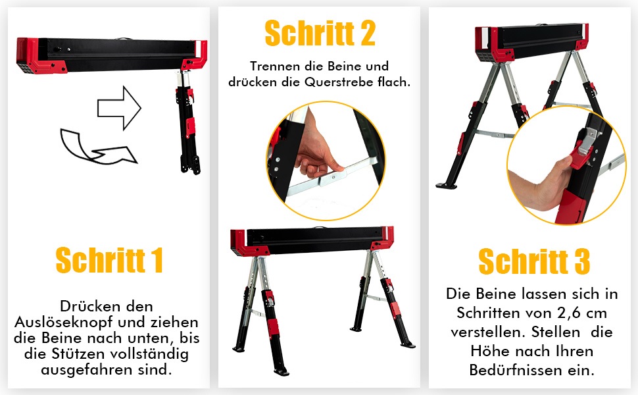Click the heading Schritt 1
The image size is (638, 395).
[x=109, y=260]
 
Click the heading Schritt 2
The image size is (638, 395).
[x=320, y=34]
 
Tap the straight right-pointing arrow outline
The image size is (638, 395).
[x=119, y=108]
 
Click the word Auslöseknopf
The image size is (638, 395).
[x=64, y=322]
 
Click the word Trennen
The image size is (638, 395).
[x=275, y=66]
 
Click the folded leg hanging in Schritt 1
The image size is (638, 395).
[x=187, y=122]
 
